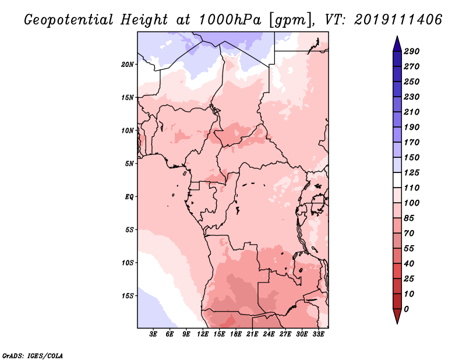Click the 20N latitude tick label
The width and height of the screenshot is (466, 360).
click(x=128, y=64)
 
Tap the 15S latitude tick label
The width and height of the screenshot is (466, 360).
click(x=128, y=295)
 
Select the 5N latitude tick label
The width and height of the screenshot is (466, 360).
click(x=129, y=163)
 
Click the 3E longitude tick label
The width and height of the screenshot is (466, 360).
click(x=154, y=334)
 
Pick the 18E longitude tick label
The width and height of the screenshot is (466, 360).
click(x=236, y=334)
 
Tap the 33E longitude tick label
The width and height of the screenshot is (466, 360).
click(x=318, y=334)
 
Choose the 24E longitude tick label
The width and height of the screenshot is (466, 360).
click(x=269, y=334)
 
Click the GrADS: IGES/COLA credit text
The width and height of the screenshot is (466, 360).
click(x=32, y=355)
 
